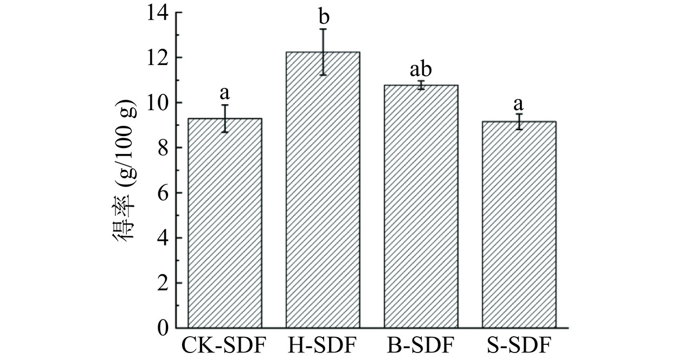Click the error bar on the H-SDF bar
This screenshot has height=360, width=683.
tap(324, 52)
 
